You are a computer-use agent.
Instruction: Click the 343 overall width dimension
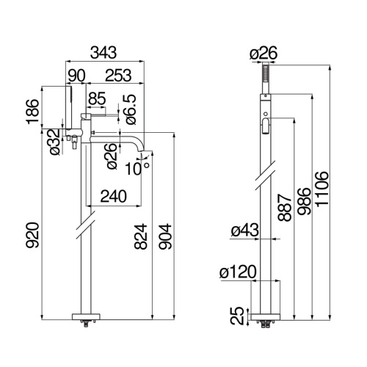(x=103, y=52)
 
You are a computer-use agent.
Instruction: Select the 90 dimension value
(x=76, y=76)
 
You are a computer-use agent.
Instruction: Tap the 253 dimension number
(x=118, y=76)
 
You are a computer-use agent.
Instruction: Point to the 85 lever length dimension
(x=97, y=98)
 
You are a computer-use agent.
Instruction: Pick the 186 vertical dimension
(x=33, y=112)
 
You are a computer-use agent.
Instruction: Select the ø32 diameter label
(x=55, y=142)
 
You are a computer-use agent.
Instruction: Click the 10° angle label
(x=137, y=168)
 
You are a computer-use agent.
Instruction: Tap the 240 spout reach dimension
(x=114, y=196)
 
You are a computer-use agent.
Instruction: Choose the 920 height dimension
(x=32, y=235)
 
